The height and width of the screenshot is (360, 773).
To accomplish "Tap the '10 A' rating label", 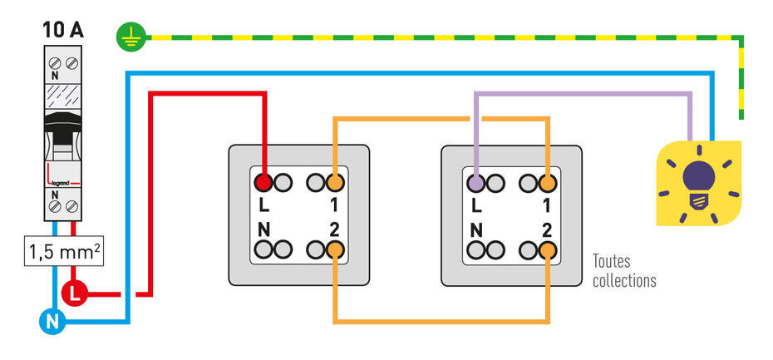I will [62, 30].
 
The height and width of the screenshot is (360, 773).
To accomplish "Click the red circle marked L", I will [74, 292].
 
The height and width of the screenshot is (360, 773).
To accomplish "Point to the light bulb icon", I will [698, 185].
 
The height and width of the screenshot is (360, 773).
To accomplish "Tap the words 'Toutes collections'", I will [623, 271].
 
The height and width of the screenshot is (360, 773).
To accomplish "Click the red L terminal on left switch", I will [263, 182].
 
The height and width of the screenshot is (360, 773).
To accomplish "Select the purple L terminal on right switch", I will [475, 182].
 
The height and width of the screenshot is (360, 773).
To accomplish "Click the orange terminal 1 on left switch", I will [334, 182].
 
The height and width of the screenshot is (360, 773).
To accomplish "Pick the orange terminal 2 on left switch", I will [334, 248].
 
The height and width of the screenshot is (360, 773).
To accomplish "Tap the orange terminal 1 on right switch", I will [547, 182].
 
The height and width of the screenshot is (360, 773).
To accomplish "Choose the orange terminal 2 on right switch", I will [547, 248].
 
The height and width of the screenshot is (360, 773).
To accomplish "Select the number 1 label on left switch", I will [334, 203].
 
